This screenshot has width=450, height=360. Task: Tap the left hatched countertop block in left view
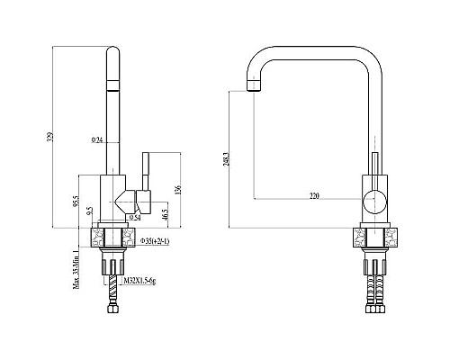[x=99, y=238]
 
